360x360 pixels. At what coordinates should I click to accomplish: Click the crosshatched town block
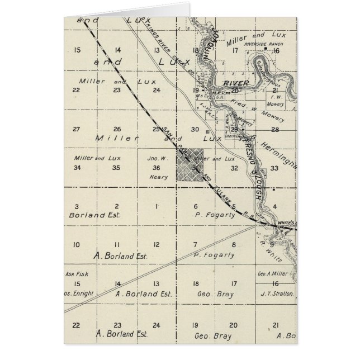190,165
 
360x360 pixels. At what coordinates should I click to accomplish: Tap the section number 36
157,168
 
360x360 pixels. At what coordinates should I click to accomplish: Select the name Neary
158,177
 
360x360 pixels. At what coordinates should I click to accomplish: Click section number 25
156,129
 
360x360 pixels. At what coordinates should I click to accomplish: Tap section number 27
77,129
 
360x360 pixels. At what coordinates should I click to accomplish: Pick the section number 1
156,206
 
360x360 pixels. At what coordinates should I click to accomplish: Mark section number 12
157,244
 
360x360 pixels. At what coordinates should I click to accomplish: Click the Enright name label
75,293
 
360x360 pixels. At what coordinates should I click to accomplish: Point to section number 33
275,168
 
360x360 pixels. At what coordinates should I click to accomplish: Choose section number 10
77,244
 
